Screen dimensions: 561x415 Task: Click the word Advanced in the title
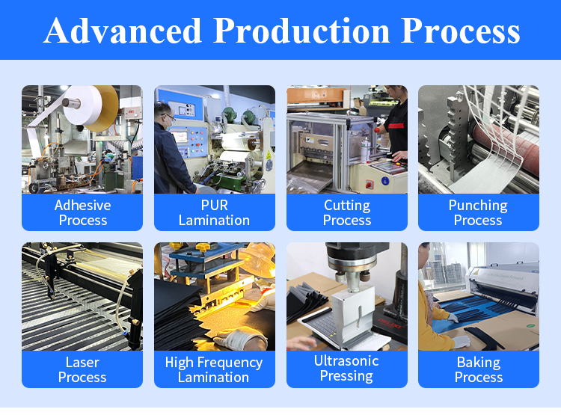click(123, 31)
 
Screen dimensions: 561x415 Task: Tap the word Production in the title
click(301, 31)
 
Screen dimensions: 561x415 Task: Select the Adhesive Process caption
click(82, 213)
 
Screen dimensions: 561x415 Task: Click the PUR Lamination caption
click(215, 213)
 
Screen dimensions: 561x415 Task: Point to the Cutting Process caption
click(347, 213)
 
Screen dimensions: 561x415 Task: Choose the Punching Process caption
click(479, 213)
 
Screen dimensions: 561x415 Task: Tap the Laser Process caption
click(82, 369)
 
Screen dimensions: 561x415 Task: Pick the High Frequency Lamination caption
click(214, 369)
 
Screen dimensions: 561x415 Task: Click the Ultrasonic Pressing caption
click(346, 369)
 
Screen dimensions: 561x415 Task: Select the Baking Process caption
click(479, 369)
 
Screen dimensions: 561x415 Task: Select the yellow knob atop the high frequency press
click(202, 247)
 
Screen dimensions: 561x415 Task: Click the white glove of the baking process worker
click(461, 342)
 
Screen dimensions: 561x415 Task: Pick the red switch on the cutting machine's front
click(369, 185)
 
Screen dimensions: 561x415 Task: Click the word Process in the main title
click(461, 31)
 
